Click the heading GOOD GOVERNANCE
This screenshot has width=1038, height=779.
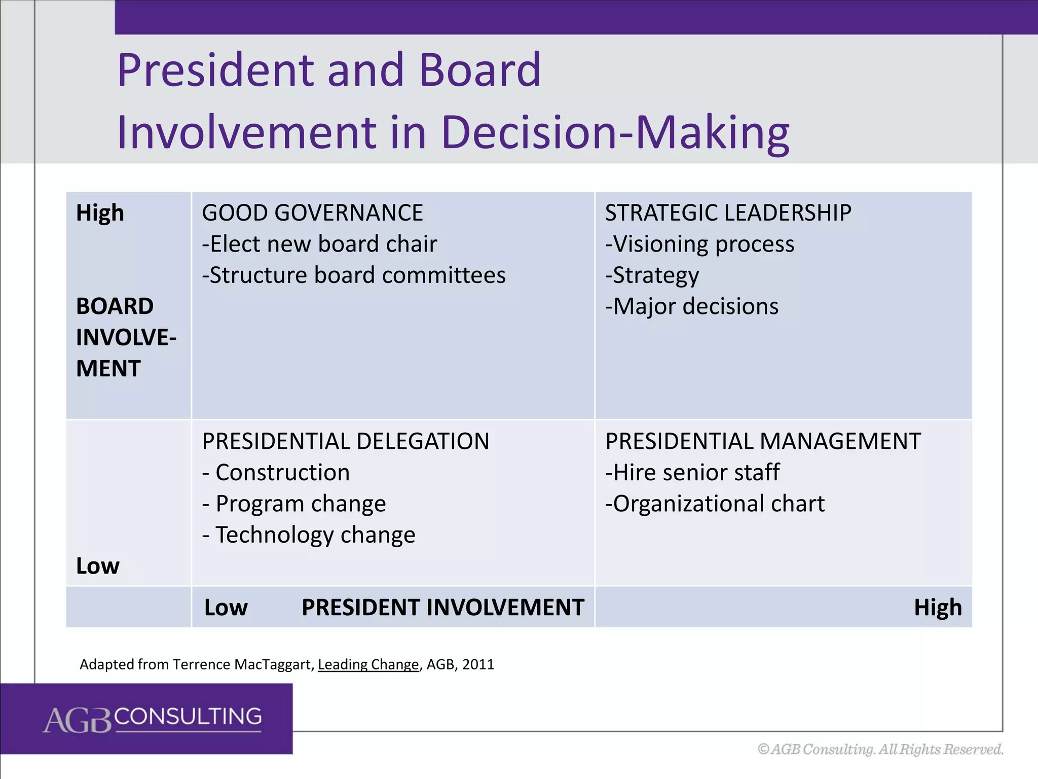tap(312, 213)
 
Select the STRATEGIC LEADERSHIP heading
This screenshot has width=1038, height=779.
tap(728, 213)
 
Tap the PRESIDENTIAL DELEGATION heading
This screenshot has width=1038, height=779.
tap(346, 441)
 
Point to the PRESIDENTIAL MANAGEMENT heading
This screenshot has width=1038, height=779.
tap(763, 441)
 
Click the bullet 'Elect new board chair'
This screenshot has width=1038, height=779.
tap(323, 244)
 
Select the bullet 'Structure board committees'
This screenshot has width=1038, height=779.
tap(357, 275)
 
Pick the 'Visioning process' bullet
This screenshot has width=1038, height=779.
tap(703, 244)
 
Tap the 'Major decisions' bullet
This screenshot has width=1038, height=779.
tap(695, 306)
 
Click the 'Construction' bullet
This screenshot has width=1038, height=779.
tap(282, 473)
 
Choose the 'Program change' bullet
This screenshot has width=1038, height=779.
tap(301, 504)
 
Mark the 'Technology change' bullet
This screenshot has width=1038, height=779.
tap(315, 535)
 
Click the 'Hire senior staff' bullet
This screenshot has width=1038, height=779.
tap(696, 473)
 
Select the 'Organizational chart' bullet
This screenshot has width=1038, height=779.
tap(718, 504)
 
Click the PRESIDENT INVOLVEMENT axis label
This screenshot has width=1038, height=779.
tap(443, 608)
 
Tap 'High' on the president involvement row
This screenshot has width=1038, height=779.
tap(938, 608)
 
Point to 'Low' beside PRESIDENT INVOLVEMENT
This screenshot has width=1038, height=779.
tap(226, 608)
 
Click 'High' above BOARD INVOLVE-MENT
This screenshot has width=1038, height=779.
tap(100, 213)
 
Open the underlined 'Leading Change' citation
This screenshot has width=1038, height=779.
tap(368, 664)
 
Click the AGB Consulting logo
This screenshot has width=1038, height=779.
tap(152, 718)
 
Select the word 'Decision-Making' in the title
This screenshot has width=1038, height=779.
tap(615, 133)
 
